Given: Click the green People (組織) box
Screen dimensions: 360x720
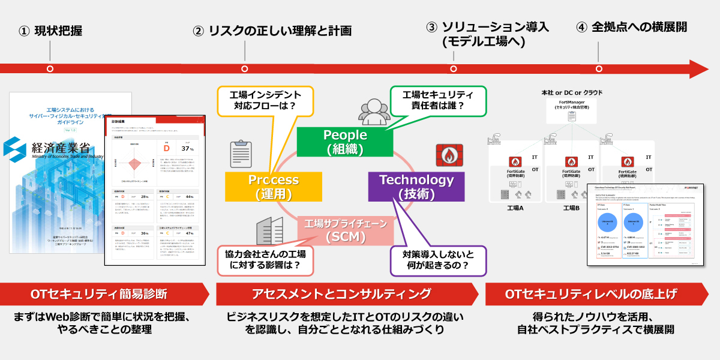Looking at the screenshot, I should click(x=345, y=142).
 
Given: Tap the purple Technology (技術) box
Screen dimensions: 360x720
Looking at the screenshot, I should click(x=416, y=187).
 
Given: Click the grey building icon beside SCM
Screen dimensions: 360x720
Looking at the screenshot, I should click(x=269, y=232).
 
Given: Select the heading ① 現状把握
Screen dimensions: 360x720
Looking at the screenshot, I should click(x=50, y=30).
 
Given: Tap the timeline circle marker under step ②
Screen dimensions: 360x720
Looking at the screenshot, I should click(x=244, y=69).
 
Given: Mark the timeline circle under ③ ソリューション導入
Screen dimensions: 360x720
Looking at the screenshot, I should click(x=453, y=69).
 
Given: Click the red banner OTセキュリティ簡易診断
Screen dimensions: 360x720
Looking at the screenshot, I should click(x=99, y=294).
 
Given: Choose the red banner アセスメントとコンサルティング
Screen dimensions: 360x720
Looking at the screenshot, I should click(x=341, y=294).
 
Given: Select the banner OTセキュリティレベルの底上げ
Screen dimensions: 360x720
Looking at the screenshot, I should click(x=591, y=294).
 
